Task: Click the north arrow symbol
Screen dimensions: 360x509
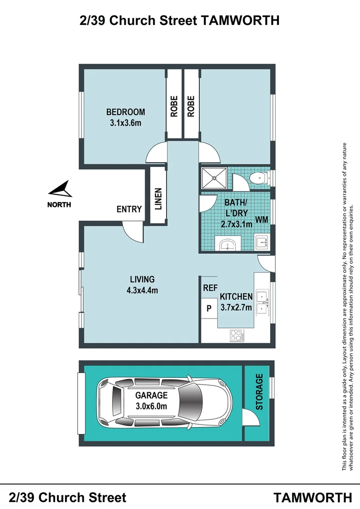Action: coord(61,189)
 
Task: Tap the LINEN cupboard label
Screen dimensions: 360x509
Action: coord(158,199)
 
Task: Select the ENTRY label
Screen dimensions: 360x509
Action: coord(129,209)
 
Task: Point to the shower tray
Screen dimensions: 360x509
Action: coord(214,178)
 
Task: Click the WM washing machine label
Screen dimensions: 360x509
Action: coord(262,220)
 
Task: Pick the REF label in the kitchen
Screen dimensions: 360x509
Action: coord(210,288)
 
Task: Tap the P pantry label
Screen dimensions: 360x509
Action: coord(209,308)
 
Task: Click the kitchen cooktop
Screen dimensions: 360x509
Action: coord(237,336)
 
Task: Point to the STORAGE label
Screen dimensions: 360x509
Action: coord(259,392)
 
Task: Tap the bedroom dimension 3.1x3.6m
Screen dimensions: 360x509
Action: coord(126,123)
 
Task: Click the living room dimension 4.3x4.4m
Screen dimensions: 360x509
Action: coord(142,290)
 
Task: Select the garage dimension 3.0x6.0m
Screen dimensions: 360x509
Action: coord(151,406)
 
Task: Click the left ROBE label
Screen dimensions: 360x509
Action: coord(174,106)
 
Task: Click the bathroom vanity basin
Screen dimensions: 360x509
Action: coord(228,244)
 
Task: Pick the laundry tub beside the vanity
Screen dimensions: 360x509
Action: coord(262,242)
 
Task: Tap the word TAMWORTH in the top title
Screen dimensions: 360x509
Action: coord(240,20)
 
